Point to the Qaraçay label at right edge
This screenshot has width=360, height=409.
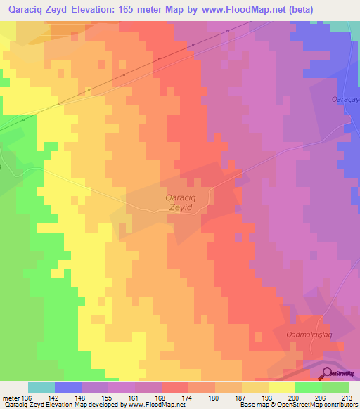(345, 100)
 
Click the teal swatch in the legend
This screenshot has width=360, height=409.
(41, 387)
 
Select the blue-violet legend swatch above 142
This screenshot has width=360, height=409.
(68, 387)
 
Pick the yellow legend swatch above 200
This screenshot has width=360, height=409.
(282, 387)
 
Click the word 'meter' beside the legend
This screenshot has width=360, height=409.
(12, 397)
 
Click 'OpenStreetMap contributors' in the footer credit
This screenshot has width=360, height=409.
(310, 405)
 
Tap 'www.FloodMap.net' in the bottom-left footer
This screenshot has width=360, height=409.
(147, 405)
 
